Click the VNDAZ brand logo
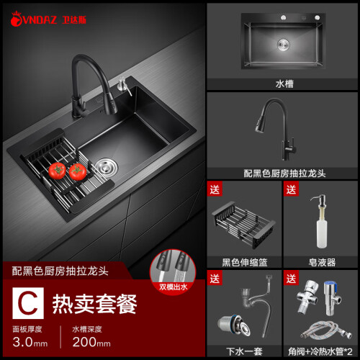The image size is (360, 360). pos(48,19)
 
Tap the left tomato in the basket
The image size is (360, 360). pos(57,171)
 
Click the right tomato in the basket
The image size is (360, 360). pos(78,172)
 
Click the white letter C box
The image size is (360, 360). pos(28,303)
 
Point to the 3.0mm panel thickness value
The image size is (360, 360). pos(30,342)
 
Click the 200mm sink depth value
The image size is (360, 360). pos(91,342)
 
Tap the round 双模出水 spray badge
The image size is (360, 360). pos(173,271)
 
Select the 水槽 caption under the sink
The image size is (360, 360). pos(284,84)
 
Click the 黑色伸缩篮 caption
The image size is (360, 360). pos(245,262)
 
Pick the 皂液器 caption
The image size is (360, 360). pos(322,262)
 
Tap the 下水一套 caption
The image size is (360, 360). pos(244,351)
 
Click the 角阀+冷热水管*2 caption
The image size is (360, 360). pos(320,351)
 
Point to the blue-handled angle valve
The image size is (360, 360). pos(332,298)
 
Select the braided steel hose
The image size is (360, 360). pos(326,330)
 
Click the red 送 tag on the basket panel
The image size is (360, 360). pos(215,189)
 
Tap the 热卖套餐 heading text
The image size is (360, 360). pos(94,304)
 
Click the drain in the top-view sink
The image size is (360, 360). pos(284,45)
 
